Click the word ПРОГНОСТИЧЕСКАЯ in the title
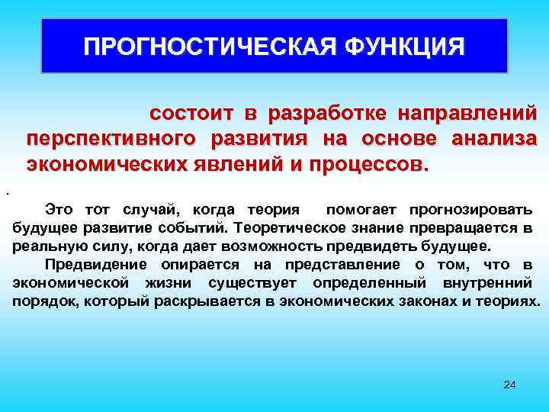[208, 47]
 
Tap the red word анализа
[494, 139]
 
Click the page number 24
[510, 384]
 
